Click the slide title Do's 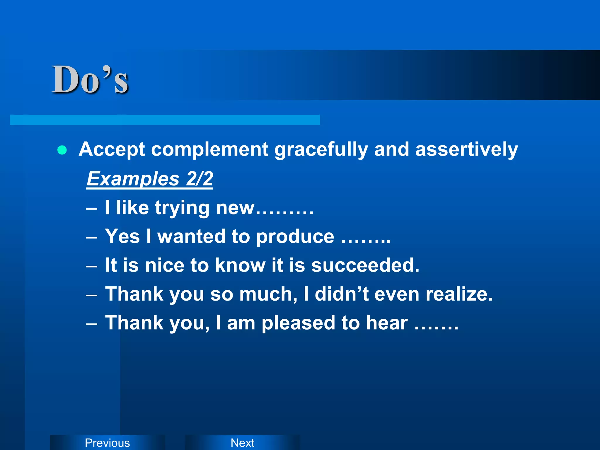coord(90,80)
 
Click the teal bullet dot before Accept coord(62,150)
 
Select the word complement coord(209,149)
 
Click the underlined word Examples coord(133,179)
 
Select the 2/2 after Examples coord(200,179)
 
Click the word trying coord(182,208)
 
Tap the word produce coord(295,237)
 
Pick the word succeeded coord(365,265)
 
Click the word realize coord(459,294)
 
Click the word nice coord(165,265)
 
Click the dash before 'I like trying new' coord(92,209)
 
